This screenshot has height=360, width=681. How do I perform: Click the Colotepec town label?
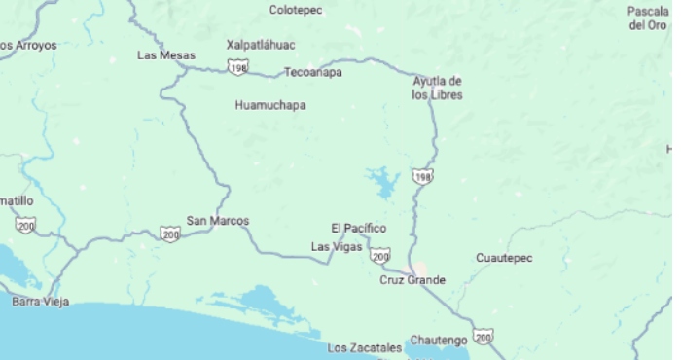point(295,10)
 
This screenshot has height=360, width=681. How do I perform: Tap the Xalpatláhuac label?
point(261,45)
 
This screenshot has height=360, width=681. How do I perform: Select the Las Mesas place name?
point(165,55)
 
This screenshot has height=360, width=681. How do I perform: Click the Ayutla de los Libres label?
point(437,88)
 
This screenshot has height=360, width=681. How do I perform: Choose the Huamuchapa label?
point(269,104)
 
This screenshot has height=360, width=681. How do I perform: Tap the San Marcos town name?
point(217,221)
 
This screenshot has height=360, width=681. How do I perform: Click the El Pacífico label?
point(358,229)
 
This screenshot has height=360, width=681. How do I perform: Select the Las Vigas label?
point(337,247)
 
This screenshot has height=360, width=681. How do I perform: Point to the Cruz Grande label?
point(412,280)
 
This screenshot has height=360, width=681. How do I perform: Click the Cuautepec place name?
point(504,258)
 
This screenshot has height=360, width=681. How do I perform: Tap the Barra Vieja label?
point(40,302)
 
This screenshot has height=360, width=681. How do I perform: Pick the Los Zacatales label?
point(364,347)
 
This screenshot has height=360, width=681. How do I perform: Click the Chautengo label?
point(439,340)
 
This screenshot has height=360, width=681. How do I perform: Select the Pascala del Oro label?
point(647,18)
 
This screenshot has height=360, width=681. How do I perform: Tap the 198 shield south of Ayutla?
point(421,177)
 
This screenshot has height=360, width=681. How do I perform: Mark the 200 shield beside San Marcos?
point(170,234)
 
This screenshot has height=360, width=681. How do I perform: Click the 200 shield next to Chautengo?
point(484,337)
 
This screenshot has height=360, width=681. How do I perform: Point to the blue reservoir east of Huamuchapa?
point(382,180)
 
